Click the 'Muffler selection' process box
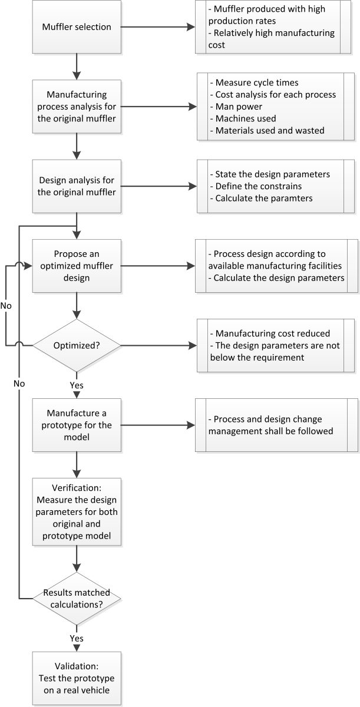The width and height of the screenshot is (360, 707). tap(77, 27)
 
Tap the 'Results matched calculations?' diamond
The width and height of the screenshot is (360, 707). tap(77, 598)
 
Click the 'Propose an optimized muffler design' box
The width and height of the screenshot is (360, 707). tap(77, 266)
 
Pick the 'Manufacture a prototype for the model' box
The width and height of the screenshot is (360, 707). tap(77, 424)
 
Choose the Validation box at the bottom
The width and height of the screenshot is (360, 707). tap(77, 678)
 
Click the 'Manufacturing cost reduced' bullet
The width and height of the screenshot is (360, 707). tap(269, 334)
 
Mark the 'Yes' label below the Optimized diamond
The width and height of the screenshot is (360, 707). tap(77, 385)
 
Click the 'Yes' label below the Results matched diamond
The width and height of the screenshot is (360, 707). tap(77, 638)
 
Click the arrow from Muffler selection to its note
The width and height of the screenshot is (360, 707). tap(159, 27)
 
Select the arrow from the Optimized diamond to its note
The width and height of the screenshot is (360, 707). tap(159, 346)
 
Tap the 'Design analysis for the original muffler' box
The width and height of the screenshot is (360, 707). tap(77, 186)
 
